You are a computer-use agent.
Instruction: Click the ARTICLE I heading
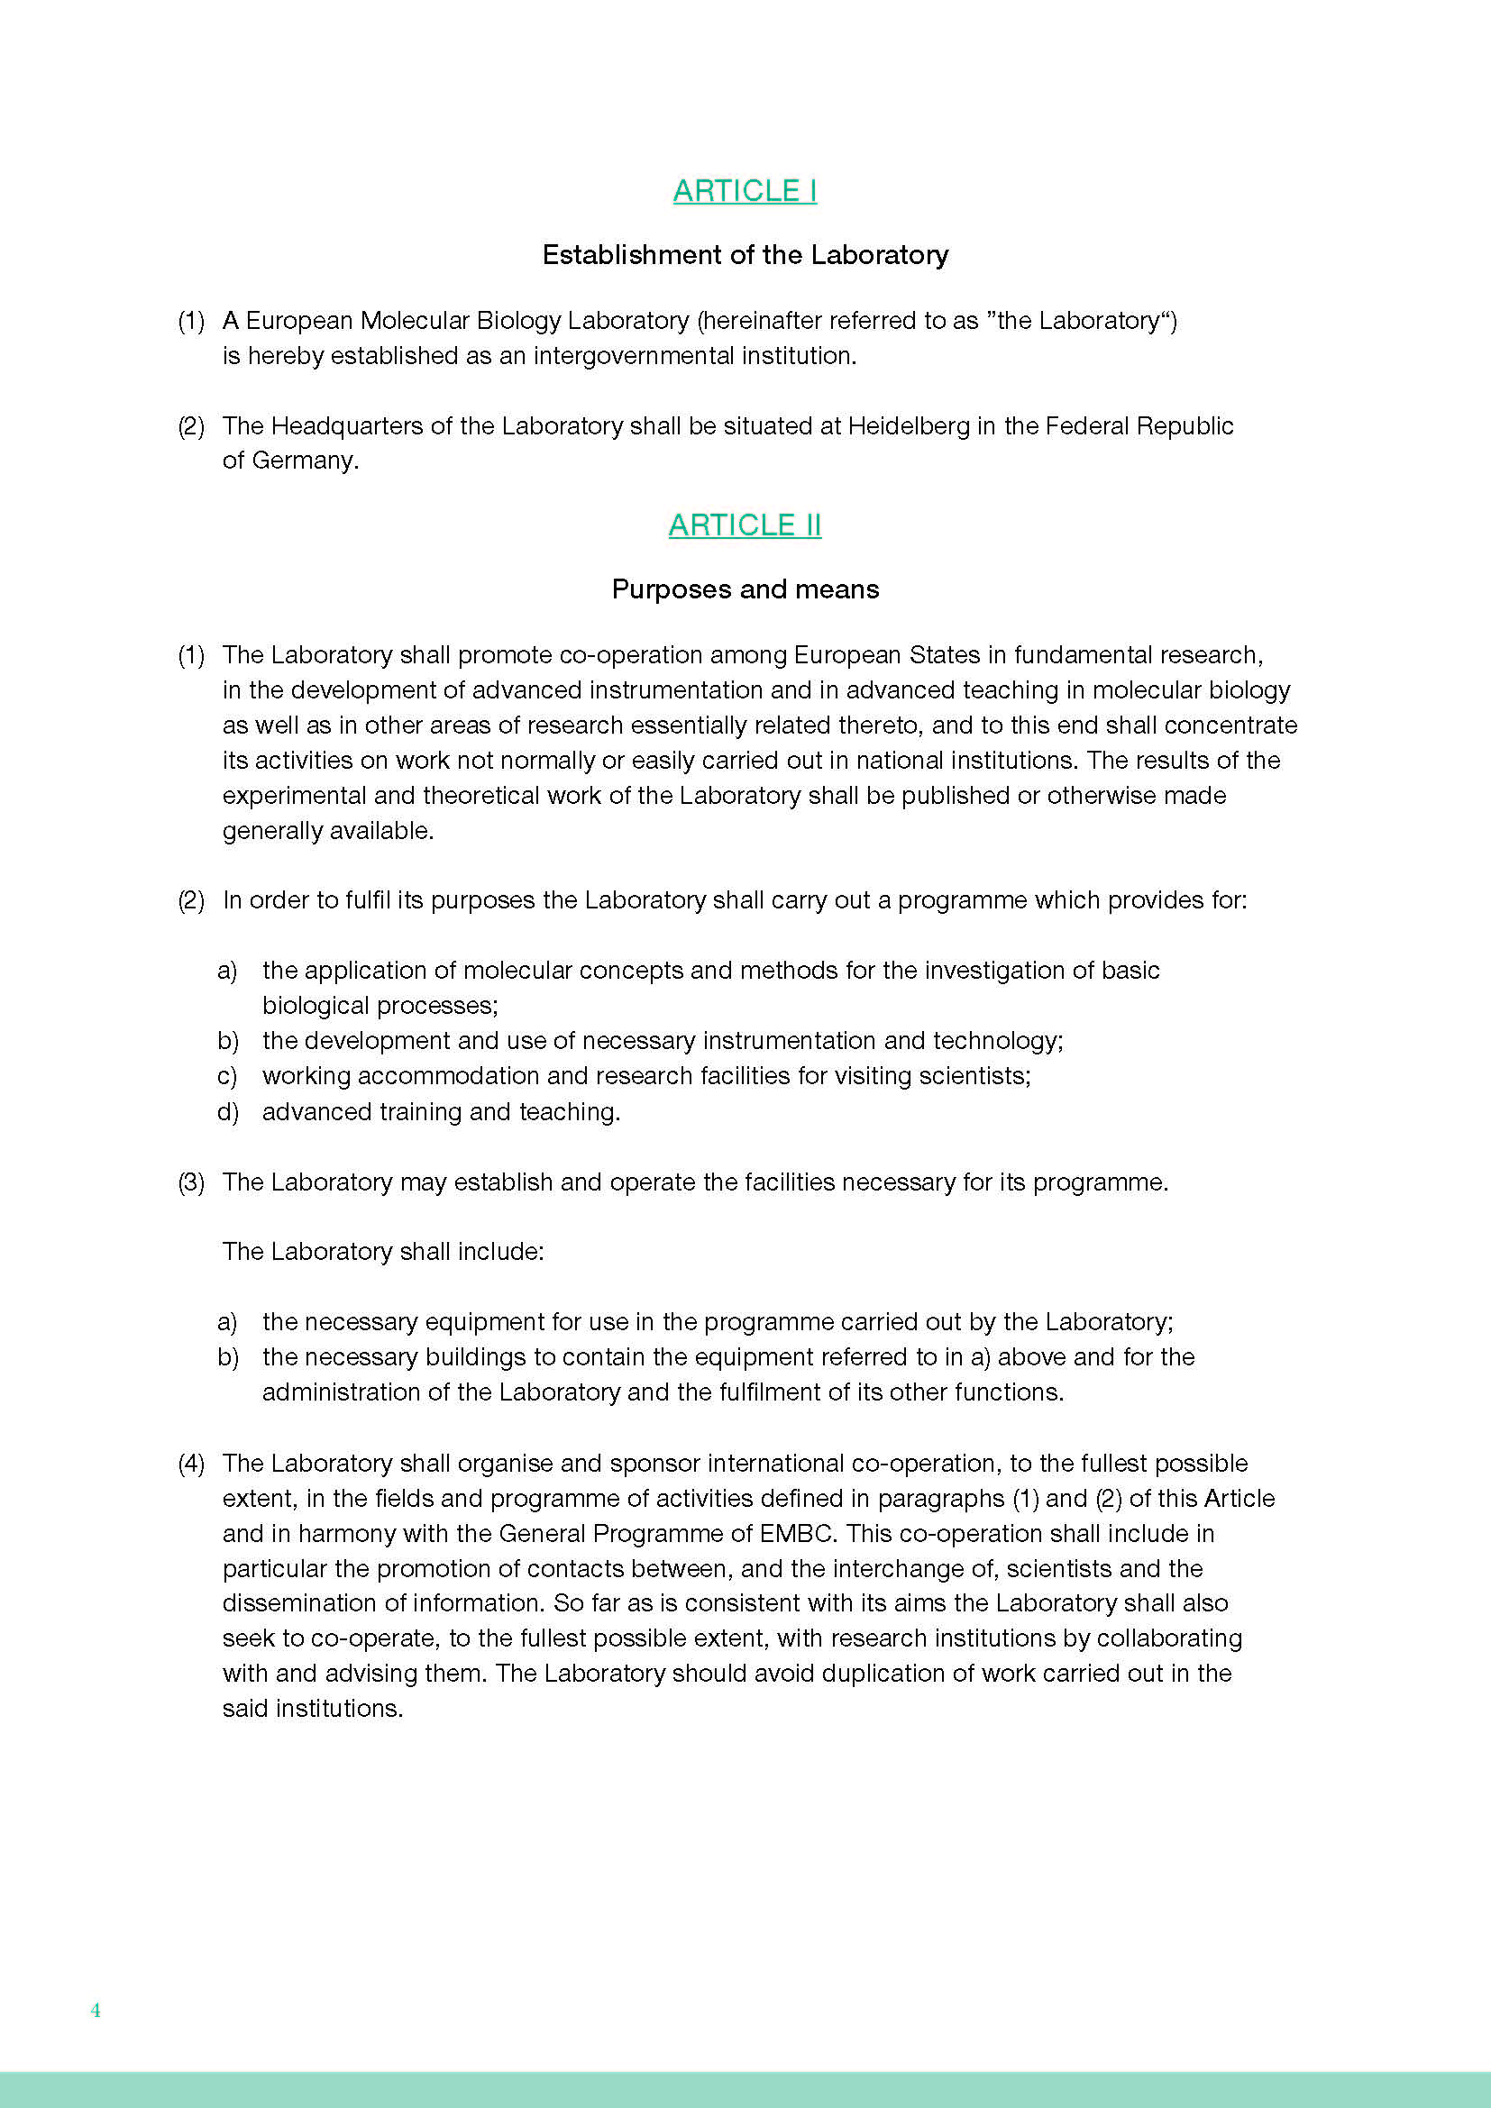(745, 191)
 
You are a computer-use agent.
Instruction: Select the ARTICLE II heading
(745, 525)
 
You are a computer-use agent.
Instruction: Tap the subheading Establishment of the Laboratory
(745, 255)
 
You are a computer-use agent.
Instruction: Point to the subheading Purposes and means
(745, 589)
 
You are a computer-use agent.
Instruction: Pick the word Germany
(303, 461)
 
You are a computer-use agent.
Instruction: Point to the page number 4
(96, 2010)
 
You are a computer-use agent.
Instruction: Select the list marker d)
(228, 1112)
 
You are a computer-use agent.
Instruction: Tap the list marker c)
(227, 1076)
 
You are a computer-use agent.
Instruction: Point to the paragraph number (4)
(191, 1464)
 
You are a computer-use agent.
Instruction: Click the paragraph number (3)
(191, 1182)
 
